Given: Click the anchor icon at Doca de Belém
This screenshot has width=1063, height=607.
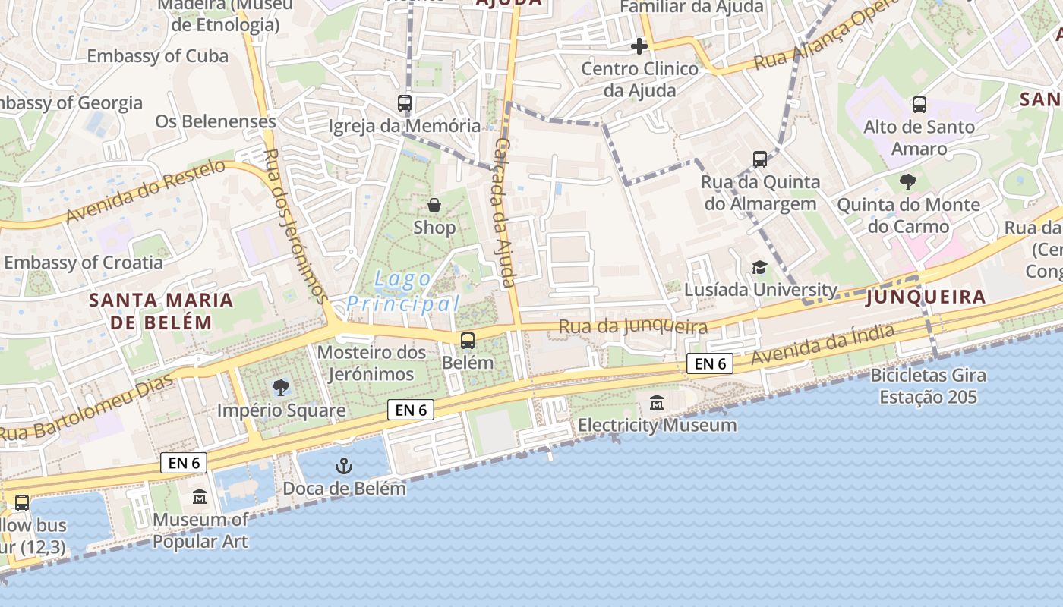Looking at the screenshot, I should (344, 465).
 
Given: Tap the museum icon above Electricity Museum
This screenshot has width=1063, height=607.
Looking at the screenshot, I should (657, 403).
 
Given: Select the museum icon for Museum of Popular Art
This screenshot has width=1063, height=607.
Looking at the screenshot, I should (200, 497).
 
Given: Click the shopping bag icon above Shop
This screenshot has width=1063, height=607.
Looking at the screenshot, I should (434, 205).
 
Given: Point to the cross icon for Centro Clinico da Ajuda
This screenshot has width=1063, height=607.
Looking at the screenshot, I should (639, 46).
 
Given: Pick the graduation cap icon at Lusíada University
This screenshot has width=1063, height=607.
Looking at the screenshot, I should (759, 267).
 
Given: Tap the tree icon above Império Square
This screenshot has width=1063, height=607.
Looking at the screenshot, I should (281, 388).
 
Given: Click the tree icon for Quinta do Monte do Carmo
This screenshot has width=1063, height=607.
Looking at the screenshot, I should (907, 182).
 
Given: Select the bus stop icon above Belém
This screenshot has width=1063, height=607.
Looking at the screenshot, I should (468, 340).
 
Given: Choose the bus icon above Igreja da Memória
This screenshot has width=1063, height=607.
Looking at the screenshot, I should (405, 103).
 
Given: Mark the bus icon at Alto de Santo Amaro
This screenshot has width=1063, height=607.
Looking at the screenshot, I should (919, 104).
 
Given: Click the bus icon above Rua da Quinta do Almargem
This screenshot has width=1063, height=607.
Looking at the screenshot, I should (760, 159).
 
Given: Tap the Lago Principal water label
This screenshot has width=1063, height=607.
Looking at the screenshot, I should (403, 292).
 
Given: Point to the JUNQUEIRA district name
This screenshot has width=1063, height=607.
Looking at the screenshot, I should (926, 297).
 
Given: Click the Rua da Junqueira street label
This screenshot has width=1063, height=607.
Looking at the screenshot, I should (633, 327).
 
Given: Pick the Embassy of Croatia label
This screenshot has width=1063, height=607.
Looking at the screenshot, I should (84, 263).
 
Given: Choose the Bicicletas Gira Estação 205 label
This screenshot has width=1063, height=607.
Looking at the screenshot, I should (928, 385).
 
